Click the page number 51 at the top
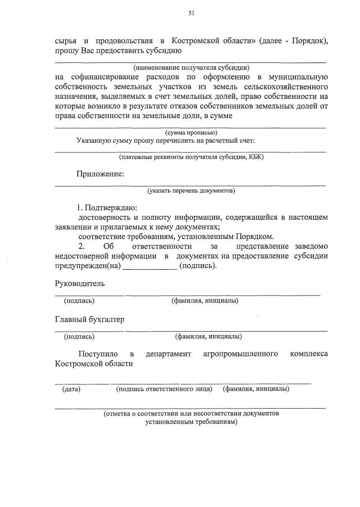click(191, 12)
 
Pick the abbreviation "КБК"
click(254, 157)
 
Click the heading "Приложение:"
click(100, 174)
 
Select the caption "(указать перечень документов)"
click(191, 191)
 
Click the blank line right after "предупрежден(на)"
click(150, 266)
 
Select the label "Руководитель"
click(79, 283)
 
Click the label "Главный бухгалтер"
click(89, 319)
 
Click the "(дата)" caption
click(71, 388)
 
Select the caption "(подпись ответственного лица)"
click(164, 388)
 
